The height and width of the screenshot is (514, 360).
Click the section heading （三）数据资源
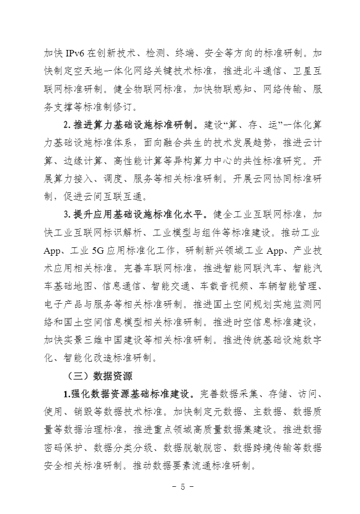(x=99, y=376)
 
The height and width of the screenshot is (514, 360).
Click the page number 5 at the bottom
(x=182, y=486)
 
